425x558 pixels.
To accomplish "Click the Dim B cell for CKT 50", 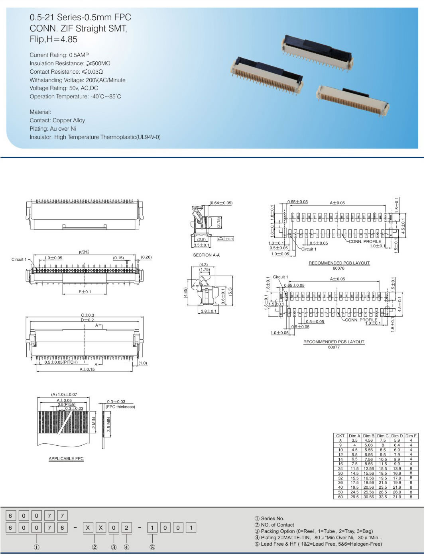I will click(368, 492).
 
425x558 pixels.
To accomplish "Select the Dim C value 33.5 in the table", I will click(383, 497).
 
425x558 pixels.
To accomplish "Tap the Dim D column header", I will click(397, 436).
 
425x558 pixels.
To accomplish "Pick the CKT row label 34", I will click(340, 469).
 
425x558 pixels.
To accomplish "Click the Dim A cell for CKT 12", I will click(354, 454).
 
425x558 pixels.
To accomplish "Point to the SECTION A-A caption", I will click(206, 255).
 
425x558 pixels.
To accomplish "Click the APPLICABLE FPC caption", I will click(66, 458).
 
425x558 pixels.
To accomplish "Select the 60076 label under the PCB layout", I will click(338, 268).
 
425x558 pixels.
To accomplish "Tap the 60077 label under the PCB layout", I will click(334, 347).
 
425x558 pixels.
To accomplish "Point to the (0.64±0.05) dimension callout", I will click(221, 203).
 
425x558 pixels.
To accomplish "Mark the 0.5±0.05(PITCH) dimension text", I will click(61, 362).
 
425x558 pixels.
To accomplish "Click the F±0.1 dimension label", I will click(85, 292).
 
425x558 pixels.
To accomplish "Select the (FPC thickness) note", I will click(120, 407).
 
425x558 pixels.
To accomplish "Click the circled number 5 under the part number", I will click(152, 547).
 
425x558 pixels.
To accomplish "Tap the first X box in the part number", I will click(88, 528).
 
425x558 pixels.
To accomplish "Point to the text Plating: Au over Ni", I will click(53, 129).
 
